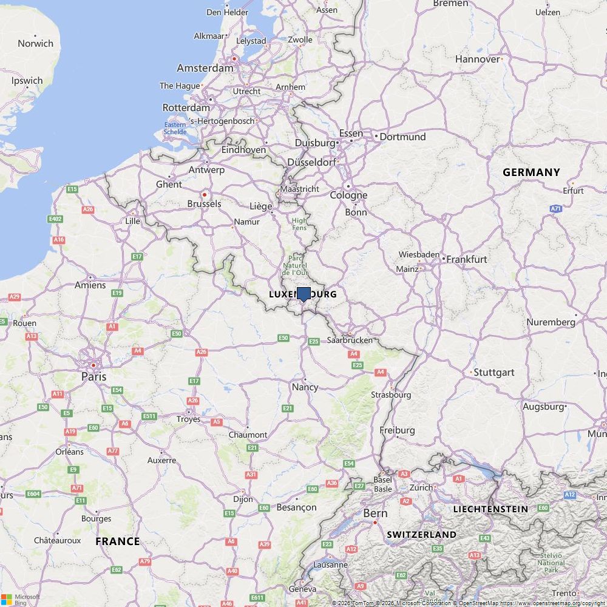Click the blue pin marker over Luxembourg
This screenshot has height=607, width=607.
[x=303, y=294]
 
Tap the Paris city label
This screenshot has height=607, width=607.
[x=93, y=376]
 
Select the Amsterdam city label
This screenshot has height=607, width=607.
[x=205, y=68]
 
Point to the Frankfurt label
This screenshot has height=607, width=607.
[x=467, y=259]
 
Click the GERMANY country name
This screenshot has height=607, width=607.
[x=531, y=172]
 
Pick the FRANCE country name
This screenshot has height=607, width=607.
[x=117, y=541]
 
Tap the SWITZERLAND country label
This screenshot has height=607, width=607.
[x=421, y=535]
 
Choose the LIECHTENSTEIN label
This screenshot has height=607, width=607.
[x=490, y=509]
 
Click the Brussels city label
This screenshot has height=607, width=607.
[x=204, y=204]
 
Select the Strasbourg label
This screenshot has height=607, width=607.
[x=391, y=395]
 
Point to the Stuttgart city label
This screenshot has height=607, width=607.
[x=493, y=372]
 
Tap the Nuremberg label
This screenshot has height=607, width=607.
[x=551, y=322]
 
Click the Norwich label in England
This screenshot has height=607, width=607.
[x=35, y=44]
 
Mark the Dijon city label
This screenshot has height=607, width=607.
[x=243, y=499]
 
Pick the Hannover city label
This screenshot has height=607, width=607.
[x=477, y=59]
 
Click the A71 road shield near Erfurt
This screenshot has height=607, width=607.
[x=555, y=209]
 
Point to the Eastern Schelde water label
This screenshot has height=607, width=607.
[x=175, y=128]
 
